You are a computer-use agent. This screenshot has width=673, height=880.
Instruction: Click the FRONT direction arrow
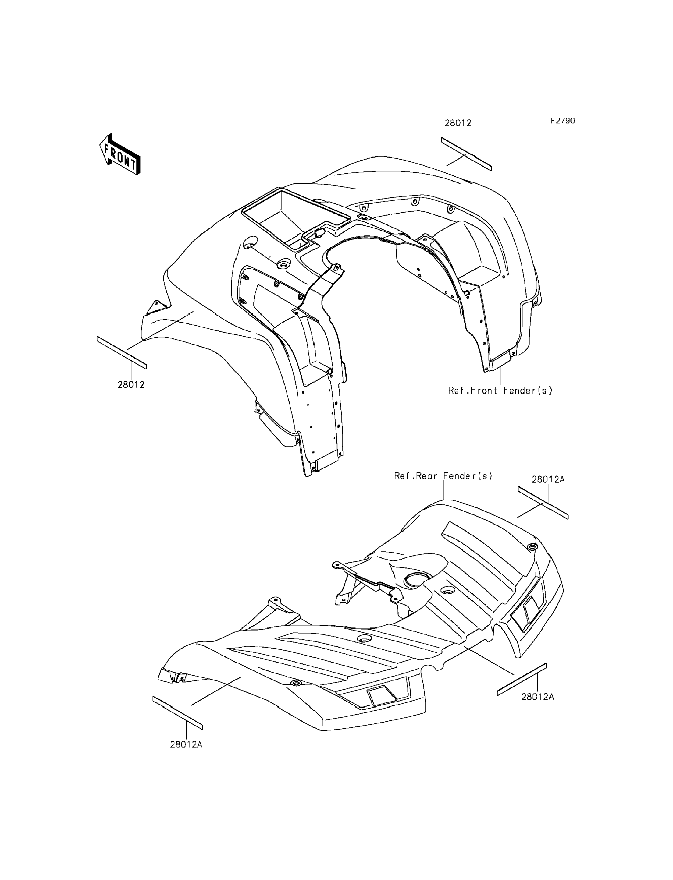tap(119, 154)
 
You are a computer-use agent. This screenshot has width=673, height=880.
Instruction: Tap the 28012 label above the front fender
tap(458, 123)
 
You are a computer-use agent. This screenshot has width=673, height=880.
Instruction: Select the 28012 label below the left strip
tap(131, 385)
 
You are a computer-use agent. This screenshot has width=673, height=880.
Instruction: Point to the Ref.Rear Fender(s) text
tap(443, 476)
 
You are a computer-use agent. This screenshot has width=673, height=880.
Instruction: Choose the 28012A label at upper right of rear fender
tap(548, 479)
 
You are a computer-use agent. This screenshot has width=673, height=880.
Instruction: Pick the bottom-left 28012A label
tap(186, 745)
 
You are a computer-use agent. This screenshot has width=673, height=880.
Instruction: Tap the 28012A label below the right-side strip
tap(538, 697)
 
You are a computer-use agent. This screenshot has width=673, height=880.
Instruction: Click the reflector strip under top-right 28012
tap(466, 154)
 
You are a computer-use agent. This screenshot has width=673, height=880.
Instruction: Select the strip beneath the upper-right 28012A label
tap(543, 503)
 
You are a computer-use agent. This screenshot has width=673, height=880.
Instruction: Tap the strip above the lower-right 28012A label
tap(521, 679)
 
